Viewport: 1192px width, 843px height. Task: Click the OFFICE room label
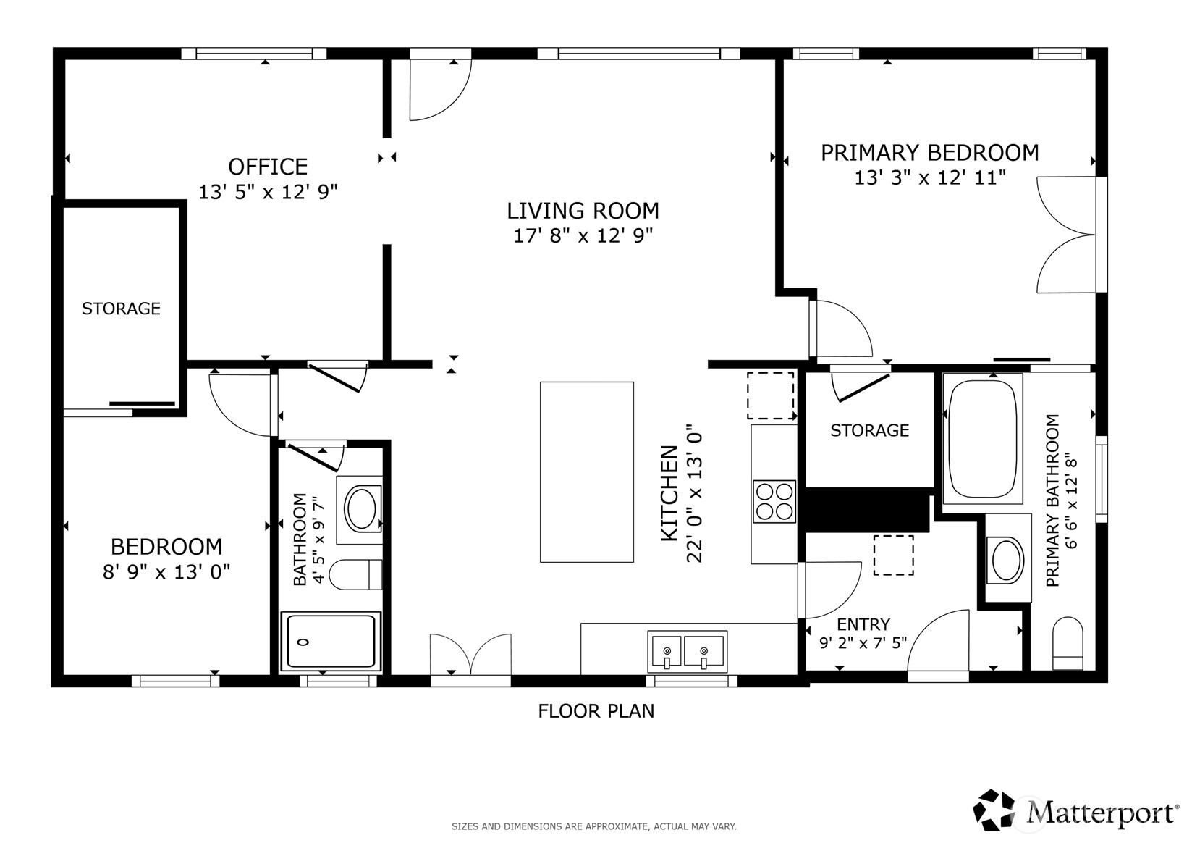(x=268, y=167)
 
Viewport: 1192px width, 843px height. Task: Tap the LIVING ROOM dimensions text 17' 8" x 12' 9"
(x=583, y=235)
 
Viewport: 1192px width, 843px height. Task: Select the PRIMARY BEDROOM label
(x=929, y=153)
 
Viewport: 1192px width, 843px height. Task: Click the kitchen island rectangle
(x=586, y=471)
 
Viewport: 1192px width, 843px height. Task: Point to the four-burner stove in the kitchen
(x=774, y=501)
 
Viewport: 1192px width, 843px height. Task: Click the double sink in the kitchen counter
(x=686, y=651)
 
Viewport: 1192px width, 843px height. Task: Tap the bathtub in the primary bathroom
(x=982, y=438)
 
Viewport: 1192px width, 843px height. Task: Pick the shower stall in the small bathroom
(x=331, y=641)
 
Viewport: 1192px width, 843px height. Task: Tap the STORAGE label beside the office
(x=121, y=309)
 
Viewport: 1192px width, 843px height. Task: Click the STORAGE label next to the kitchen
(x=869, y=431)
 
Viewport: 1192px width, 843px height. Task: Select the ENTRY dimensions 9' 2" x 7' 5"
(x=863, y=642)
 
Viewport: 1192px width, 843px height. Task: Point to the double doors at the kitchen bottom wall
(x=470, y=655)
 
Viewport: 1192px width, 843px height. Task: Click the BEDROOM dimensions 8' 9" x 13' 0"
(x=166, y=572)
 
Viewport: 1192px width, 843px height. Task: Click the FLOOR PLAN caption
(x=596, y=711)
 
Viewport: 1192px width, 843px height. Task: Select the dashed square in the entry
(x=893, y=555)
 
